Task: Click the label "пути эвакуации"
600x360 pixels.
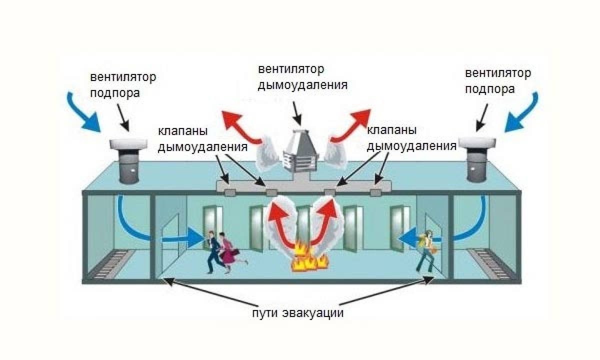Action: tap(298, 313)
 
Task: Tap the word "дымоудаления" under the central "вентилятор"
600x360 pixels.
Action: tap(302, 85)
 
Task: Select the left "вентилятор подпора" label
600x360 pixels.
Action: tap(123, 85)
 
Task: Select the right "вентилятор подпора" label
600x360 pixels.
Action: tap(498, 81)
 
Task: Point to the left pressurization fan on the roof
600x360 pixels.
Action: tap(128, 160)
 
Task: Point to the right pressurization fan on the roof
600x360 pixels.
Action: tap(477, 159)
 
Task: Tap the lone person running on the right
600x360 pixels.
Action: tap(426, 251)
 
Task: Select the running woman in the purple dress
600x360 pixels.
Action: tap(230, 252)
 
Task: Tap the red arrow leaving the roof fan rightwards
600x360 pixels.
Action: tap(351, 125)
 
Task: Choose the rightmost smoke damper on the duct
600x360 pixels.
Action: tap(375, 192)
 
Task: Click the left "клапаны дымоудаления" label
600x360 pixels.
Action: tap(202, 139)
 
